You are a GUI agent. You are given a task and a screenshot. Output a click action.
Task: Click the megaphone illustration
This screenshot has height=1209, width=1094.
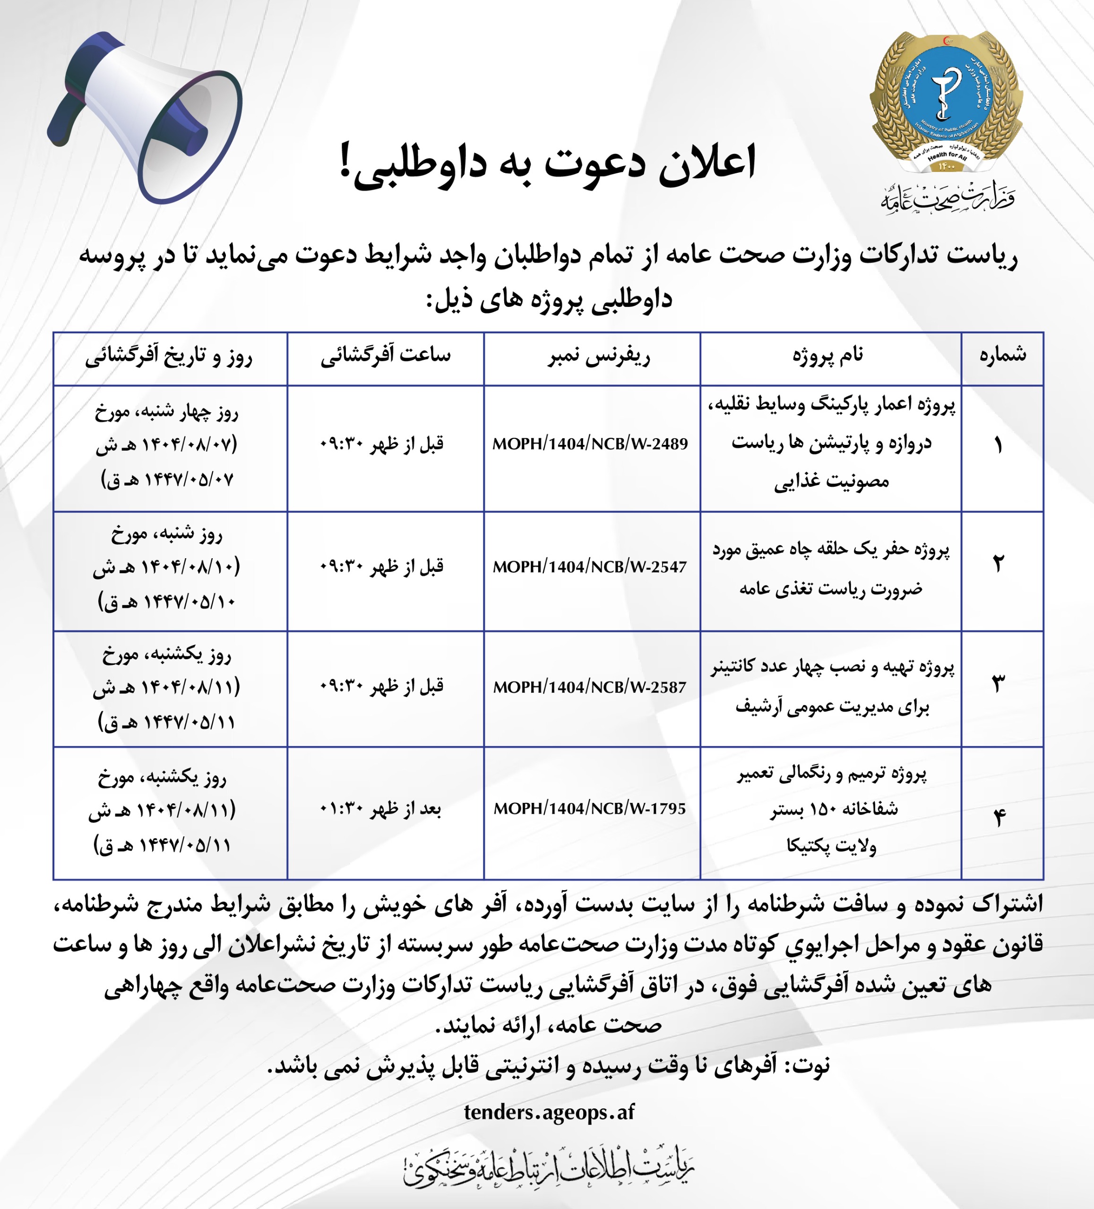click(x=147, y=117)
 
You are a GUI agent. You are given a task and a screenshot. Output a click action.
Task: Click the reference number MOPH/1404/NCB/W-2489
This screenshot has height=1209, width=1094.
click(x=590, y=444)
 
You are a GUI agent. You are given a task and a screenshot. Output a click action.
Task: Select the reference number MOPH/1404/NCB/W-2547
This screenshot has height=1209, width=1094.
click(x=590, y=567)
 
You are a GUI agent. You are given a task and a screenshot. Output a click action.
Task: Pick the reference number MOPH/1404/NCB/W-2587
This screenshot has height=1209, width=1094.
click(x=590, y=687)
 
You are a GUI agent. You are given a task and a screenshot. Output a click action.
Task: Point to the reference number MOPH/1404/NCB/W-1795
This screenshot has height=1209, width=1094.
click(x=590, y=809)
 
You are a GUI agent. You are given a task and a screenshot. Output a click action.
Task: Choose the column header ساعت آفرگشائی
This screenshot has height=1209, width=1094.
click(x=385, y=356)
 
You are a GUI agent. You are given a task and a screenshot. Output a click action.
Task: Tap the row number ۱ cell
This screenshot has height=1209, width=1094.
click(x=999, y=445)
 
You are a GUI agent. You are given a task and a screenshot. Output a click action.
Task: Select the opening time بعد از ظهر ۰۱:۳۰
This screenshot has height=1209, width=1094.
click(x=381, y=809)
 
